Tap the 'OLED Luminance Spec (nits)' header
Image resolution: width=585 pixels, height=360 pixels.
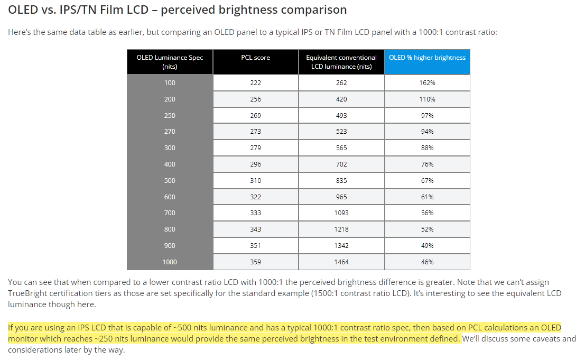point(170,62)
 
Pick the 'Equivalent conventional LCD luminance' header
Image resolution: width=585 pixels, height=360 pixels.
point(341,62)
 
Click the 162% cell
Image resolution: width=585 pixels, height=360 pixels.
point(428,83)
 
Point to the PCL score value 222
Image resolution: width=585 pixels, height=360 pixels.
point(255,83)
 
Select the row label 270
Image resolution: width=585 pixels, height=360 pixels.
point(170,132)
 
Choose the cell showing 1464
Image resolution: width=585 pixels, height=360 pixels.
point(341,262)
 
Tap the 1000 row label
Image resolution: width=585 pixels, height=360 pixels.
point(170,262)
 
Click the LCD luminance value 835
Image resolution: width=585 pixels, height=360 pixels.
point(341,181)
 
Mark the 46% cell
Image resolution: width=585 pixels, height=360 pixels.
point(428,262)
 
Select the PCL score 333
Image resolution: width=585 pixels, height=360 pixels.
point(255,213)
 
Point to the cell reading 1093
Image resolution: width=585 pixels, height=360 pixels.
point(341,213)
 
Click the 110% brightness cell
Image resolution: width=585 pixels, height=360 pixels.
point(428,99)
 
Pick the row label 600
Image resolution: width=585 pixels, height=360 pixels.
point(170,197)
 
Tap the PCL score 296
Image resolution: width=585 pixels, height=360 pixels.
point(255,164)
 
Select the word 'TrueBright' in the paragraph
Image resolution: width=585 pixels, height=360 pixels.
point(26,293)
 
